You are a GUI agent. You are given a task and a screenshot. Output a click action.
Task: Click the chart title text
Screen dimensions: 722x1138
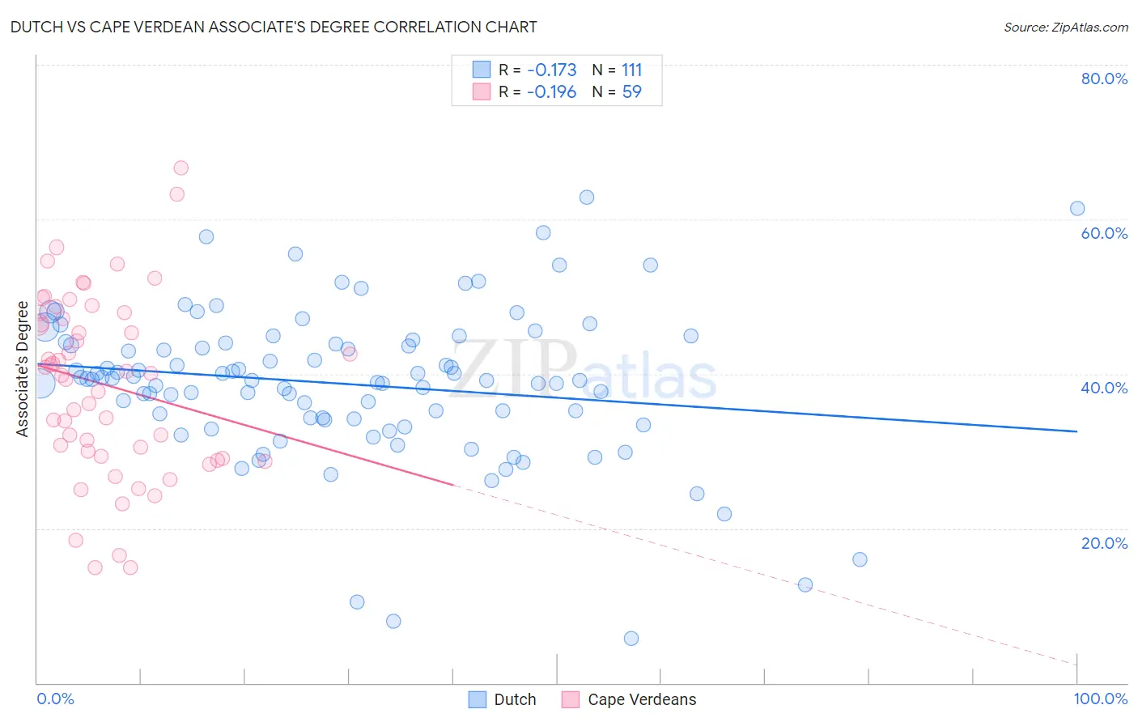(274, 27)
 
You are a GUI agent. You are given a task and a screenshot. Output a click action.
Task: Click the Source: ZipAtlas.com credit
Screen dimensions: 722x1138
(1065, 28)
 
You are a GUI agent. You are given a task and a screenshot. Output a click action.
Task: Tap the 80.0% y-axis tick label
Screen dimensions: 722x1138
(1104, 79)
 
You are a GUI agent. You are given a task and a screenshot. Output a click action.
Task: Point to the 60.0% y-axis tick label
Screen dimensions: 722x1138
(1104, 233)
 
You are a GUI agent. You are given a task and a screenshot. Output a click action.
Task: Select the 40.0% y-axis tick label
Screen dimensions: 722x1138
(1104, 388)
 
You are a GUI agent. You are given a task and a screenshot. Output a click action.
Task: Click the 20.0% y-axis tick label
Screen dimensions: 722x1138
(1104, 543)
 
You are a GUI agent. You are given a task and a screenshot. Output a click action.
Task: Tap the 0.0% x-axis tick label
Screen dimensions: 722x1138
(55, 699)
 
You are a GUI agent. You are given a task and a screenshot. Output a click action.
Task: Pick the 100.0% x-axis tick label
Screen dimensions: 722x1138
(1100, 699)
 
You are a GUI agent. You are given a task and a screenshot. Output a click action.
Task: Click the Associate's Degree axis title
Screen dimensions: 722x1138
(23, 369)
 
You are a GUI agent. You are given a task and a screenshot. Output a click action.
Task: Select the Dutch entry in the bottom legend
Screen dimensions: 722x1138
(515, 699)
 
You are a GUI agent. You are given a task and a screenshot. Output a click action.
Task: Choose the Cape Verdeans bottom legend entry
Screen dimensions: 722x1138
(641, 699)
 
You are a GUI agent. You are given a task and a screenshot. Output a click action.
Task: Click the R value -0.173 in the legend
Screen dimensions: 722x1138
(551, 70)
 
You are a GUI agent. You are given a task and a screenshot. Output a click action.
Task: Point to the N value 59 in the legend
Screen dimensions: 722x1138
(631, 92)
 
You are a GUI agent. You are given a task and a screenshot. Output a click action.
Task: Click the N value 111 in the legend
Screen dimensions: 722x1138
(631, 70)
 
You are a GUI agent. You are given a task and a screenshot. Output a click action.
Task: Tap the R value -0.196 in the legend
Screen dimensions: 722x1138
(551, 92)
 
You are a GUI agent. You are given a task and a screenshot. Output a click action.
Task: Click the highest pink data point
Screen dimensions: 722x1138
(181, 168)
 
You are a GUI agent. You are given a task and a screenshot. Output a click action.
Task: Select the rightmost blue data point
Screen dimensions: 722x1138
(1077, 208)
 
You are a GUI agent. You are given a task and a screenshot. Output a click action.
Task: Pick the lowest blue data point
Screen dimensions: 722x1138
(631, 639)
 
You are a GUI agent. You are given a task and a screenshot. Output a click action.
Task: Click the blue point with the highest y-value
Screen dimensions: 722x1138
(587, 197)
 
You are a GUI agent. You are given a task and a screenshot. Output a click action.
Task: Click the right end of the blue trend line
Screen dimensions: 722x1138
(1077, 431)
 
